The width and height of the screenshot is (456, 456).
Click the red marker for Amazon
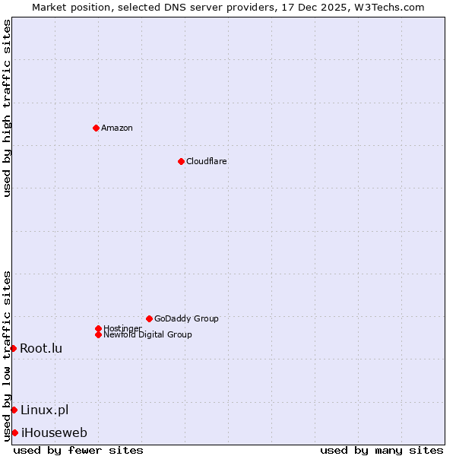click(96, 128)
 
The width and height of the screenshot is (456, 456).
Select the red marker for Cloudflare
click(181, 161)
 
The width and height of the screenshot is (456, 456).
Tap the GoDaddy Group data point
click(149, 318)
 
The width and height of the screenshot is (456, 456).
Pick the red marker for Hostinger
click(98, 328)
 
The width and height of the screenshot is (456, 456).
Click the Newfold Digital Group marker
click(98, 334)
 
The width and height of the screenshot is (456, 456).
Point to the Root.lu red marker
click(13, 348)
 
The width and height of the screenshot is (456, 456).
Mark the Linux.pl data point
click(14, 410)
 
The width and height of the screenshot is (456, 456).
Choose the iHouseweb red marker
click(14, 432)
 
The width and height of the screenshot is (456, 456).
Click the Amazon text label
click(117, 128)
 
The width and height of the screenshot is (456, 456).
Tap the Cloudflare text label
click(207, 161)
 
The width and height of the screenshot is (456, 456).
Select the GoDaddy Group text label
click(186, 318)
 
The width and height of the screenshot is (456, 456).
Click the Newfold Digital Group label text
click(148, 334)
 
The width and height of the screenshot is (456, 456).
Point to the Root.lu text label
click(41, 348)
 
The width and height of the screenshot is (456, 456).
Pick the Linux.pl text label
click(44, 410)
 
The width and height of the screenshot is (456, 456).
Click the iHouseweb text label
click(54, 432)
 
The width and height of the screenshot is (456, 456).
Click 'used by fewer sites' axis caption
click(78, 450)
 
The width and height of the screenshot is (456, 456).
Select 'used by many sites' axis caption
click(382, 450)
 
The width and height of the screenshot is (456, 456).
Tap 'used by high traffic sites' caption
click(7, 108)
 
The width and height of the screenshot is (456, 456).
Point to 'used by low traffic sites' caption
click(7, 355)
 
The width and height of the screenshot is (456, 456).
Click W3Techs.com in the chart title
click(387, 7)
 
